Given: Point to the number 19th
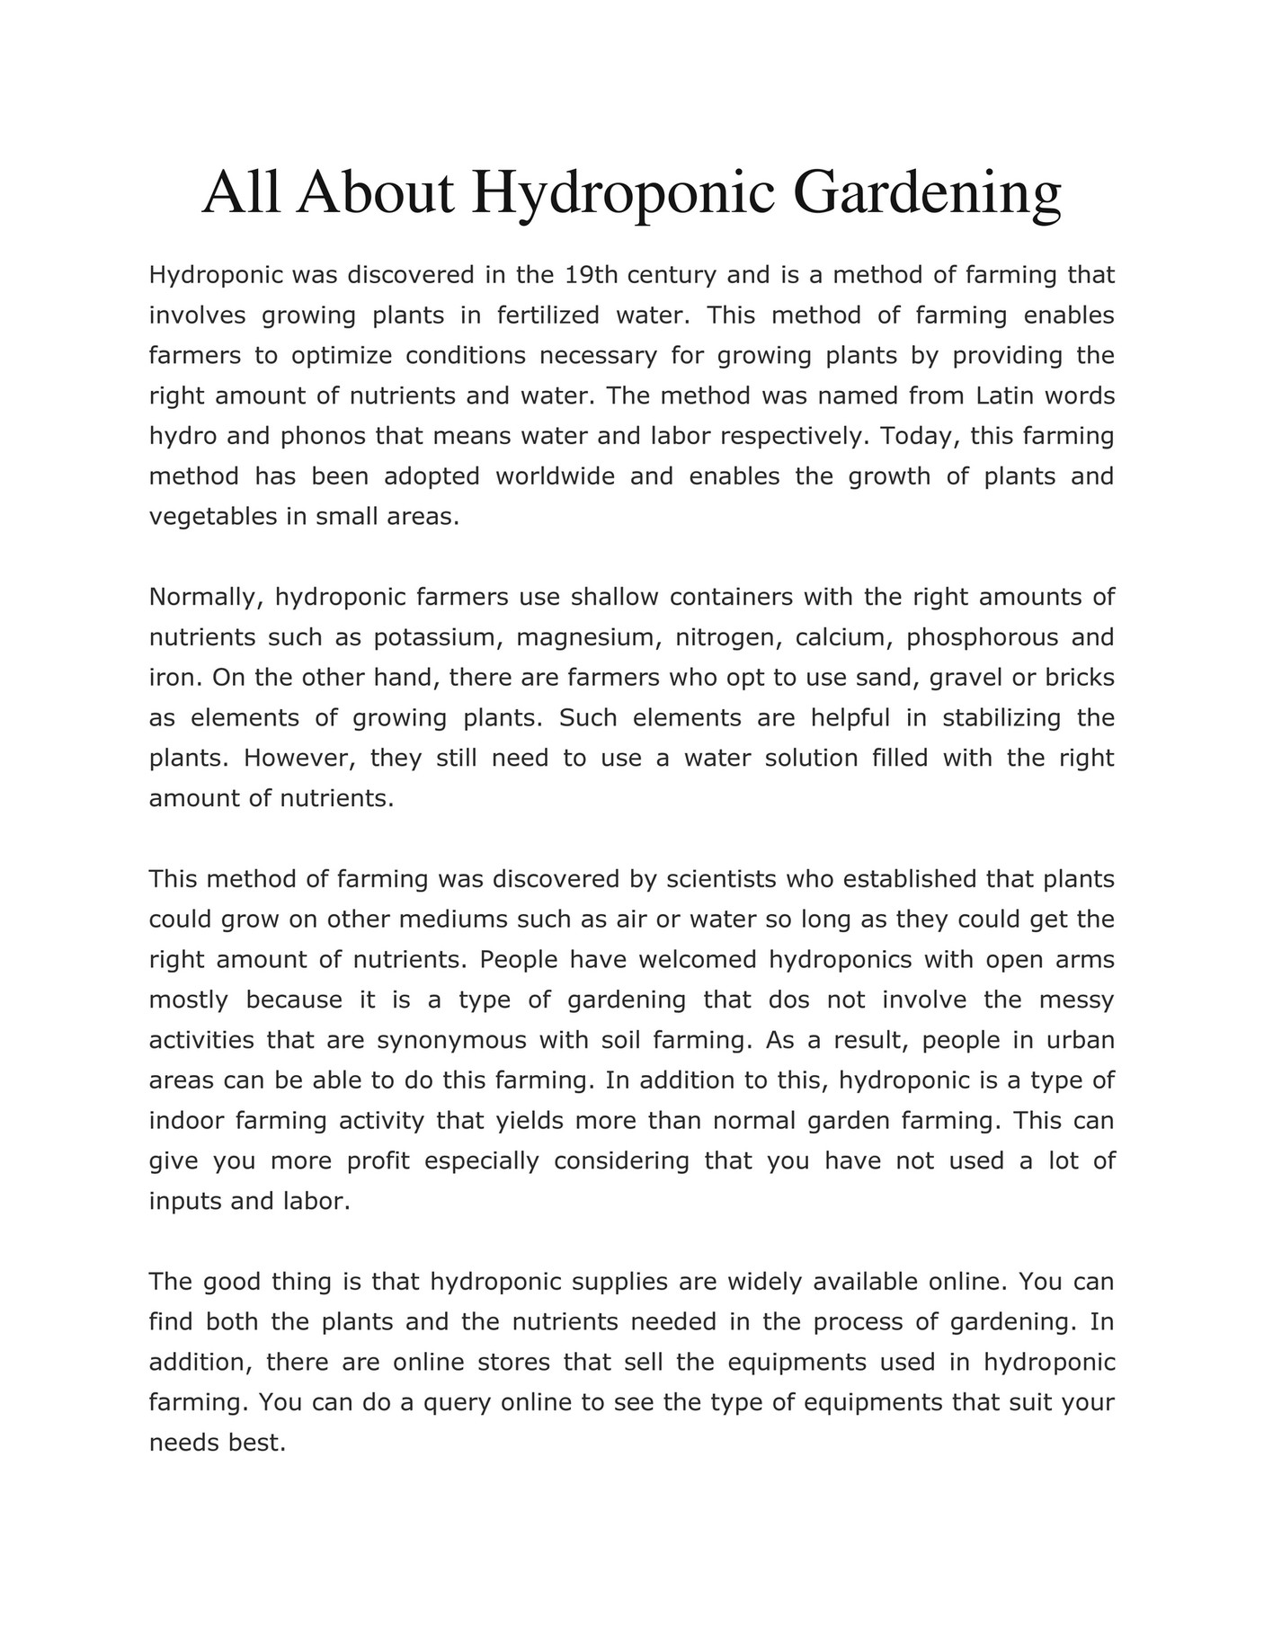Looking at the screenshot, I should coord(592,275).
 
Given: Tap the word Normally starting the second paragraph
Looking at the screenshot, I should coord(206,597).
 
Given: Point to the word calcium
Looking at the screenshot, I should coord(843,637).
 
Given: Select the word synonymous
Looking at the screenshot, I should coord(451,1040).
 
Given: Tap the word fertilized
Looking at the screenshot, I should coord(547,315).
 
